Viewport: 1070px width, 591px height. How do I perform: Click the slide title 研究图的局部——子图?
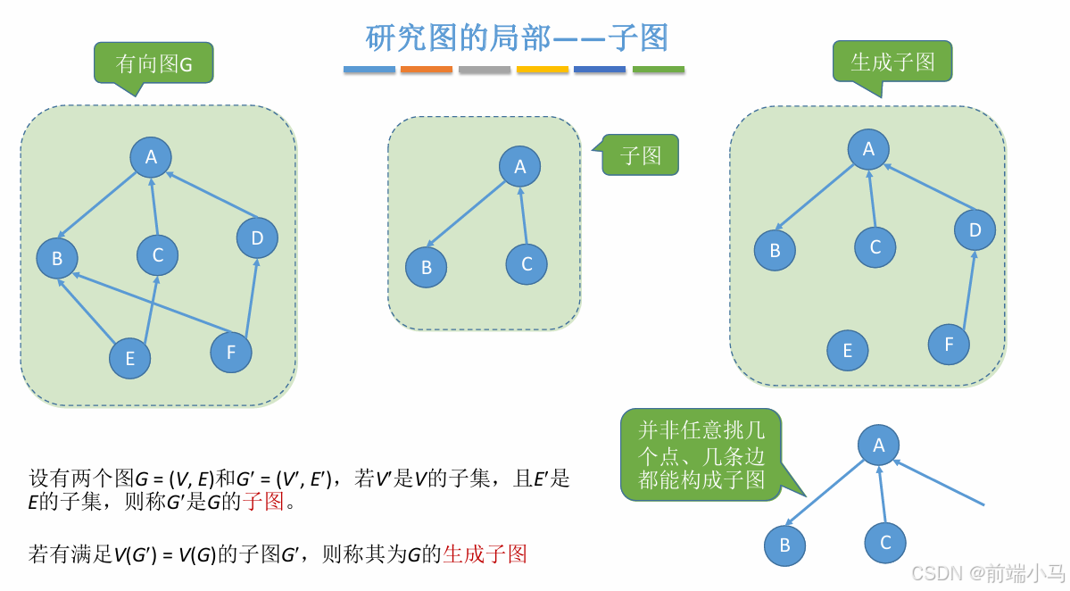point(517,37)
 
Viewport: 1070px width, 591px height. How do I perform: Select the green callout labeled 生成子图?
point(892,62)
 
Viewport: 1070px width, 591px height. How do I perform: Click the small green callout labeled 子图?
point(640,155)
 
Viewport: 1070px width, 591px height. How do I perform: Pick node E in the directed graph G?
point(130,359)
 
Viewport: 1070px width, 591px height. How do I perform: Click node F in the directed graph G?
point(231,352)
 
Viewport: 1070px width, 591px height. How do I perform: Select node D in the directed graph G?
point(257,237)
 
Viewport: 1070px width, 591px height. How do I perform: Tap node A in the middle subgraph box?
point(520,167)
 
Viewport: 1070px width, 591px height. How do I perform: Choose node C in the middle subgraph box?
point(527,263)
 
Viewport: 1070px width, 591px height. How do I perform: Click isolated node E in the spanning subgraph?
point(848,351)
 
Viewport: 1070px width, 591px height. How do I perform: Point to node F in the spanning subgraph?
point(949,344)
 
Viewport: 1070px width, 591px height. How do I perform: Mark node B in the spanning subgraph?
point(775,251)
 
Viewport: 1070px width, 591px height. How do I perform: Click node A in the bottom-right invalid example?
point(879,445)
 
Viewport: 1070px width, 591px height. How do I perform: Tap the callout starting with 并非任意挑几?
point(701,454)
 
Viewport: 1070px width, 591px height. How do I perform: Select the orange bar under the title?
point(427,69)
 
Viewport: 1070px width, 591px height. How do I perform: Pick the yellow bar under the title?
point(543,69)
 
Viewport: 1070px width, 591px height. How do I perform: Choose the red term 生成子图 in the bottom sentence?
point(485,554)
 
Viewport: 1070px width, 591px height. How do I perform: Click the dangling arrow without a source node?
point(941,483)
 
